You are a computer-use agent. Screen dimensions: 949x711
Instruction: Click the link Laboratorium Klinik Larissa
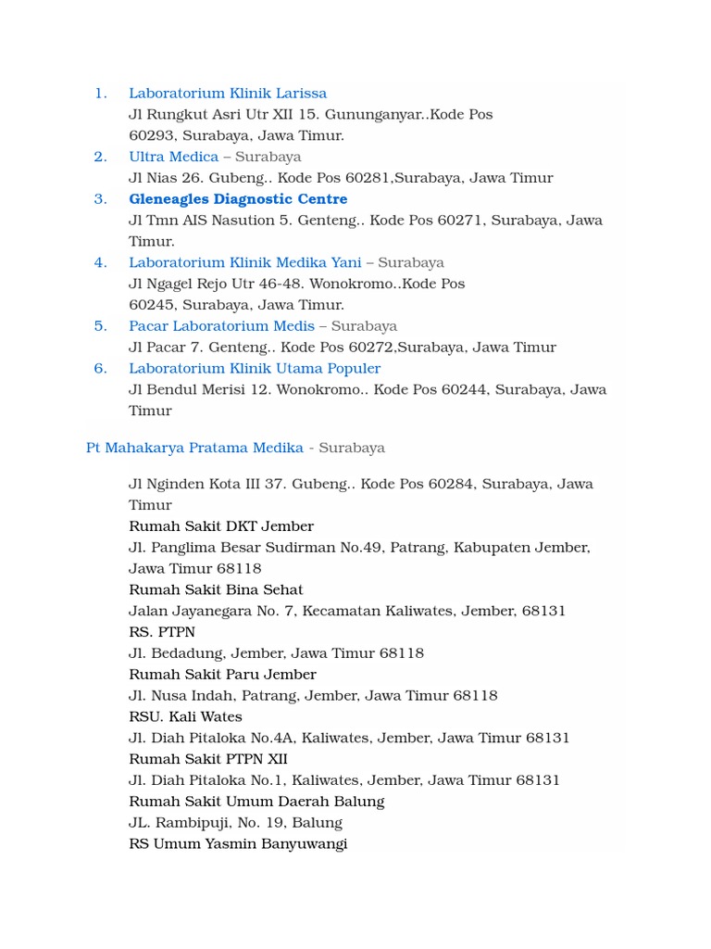tap(228, 93)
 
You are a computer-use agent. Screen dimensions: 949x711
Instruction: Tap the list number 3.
tap(101, 199)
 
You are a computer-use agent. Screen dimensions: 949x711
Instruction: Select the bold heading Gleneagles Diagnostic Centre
tap(238, 199)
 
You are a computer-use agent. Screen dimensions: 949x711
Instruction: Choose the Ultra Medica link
tap(173, 157)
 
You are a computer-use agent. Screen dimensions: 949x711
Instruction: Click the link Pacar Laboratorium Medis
tap(221, 326)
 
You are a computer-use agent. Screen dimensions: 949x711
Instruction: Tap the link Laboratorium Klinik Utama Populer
tap(255, 369)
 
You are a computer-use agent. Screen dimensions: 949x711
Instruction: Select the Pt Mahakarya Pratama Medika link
tap(194, 448)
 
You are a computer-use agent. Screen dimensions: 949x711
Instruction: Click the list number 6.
tap(101, 369)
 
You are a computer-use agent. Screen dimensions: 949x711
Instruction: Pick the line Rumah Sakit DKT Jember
tap(221, 526)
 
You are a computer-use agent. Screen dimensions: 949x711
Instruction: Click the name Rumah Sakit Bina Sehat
tap(216, 590)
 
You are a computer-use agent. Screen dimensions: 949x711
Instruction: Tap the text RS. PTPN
tap(162, 632)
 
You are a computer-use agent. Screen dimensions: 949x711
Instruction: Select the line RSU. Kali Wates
tap(185, 716)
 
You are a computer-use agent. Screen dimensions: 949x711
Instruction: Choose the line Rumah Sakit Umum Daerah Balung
tap(256, 802)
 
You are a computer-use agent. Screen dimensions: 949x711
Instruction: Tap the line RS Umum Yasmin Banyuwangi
tap(238, 844)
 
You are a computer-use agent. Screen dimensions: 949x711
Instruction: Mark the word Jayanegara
tap(206, 612)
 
